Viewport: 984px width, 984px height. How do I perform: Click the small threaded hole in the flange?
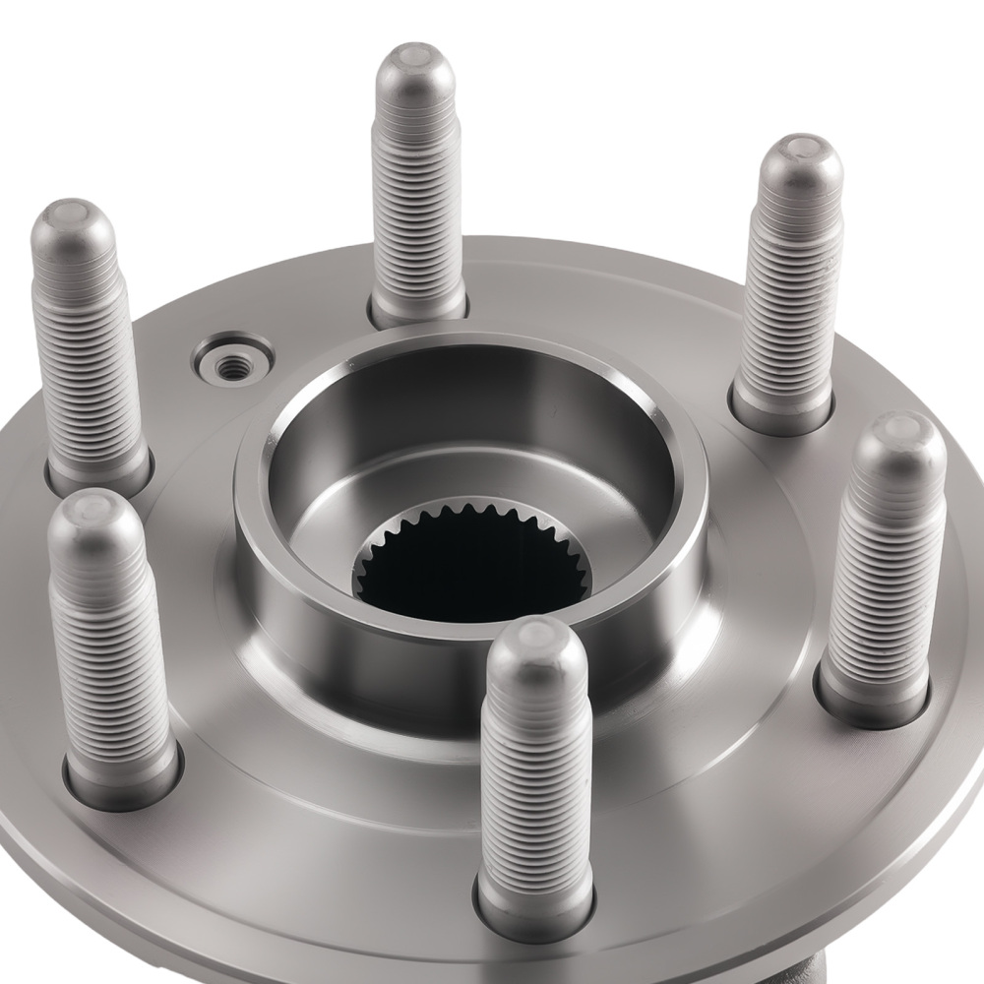pyautogui.click(x=232, y=365)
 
